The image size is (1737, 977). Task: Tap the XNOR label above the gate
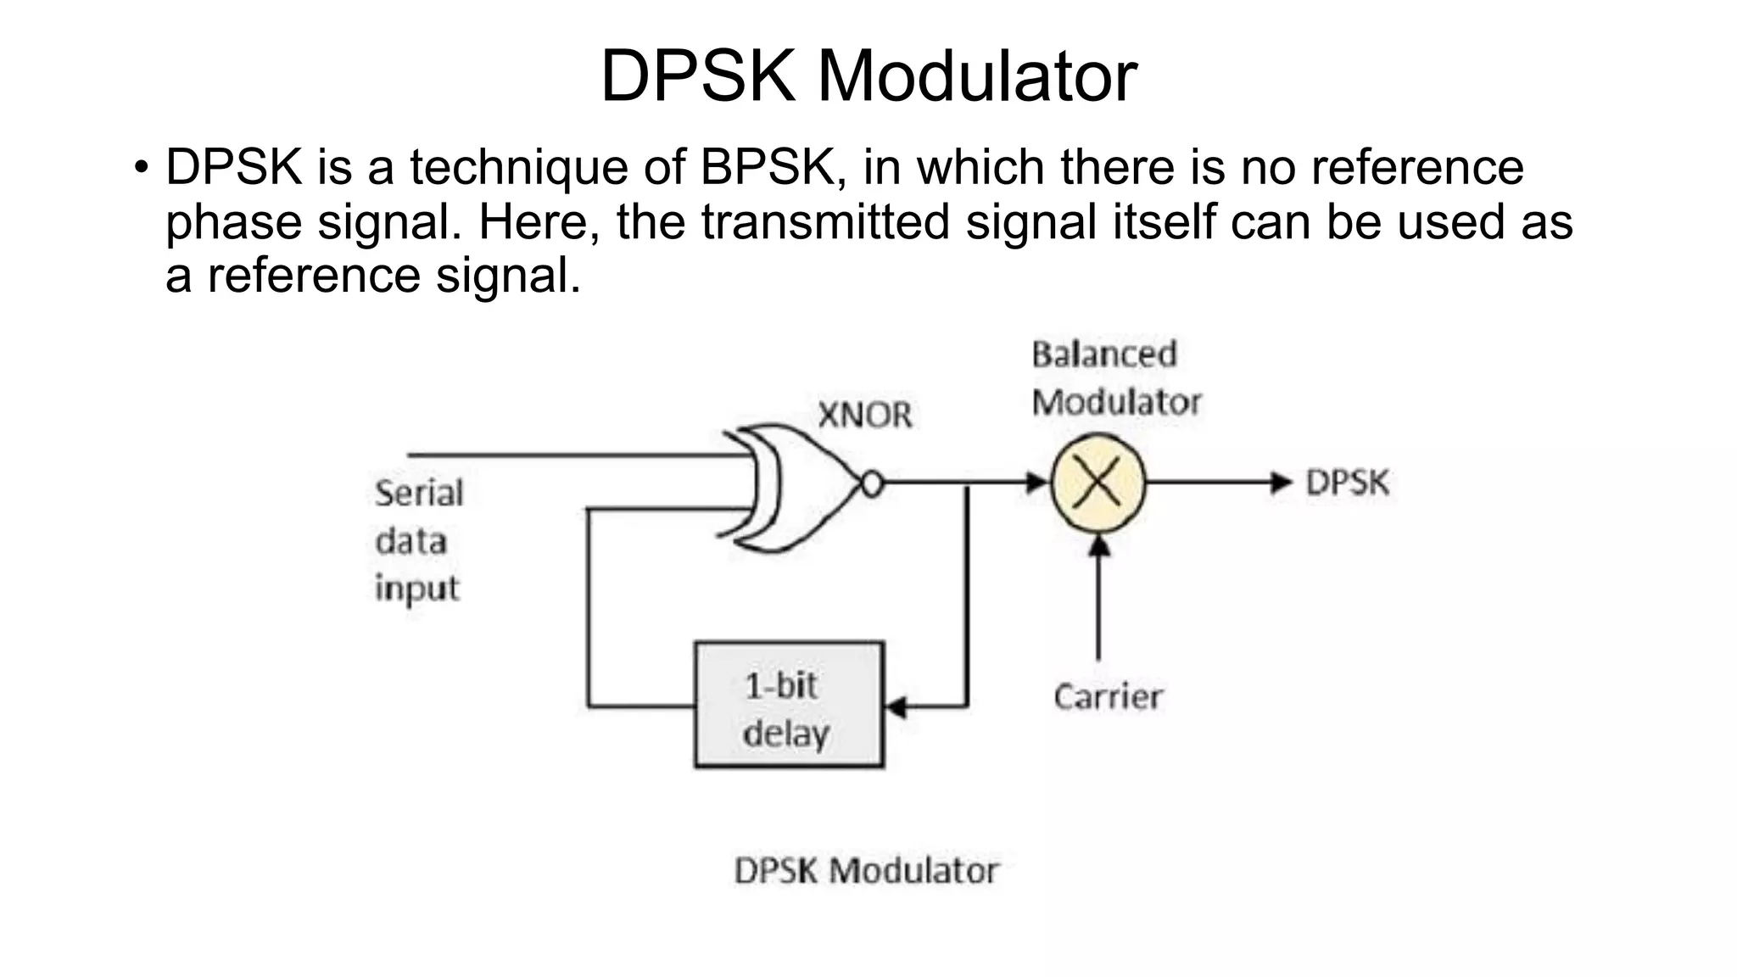864,416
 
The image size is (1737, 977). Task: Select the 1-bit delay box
789,705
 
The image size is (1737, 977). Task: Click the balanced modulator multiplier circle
1098,483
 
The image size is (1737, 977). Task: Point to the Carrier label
1108,697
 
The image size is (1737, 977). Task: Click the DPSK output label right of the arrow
1347,483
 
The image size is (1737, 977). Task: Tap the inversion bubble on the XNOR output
872,484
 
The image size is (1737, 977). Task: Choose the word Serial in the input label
419,494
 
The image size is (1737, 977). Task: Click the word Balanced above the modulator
1104,355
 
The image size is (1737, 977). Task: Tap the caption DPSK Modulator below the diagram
866,871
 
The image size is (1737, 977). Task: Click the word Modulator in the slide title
976,76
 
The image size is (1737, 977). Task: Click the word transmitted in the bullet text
825,221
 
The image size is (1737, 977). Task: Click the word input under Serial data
416,589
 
